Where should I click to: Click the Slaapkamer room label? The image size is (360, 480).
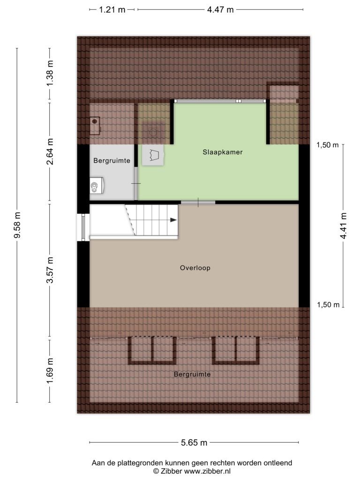pos(223,152)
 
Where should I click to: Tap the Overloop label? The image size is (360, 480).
pos(195,268)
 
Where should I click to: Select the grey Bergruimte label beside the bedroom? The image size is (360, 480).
pos(112,160)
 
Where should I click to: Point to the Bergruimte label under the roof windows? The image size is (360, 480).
pos(192,374)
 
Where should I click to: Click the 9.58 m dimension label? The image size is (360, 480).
pos(17,225)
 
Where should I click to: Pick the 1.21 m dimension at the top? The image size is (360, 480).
pos(112,10)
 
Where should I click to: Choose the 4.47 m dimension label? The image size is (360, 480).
pos(220,10)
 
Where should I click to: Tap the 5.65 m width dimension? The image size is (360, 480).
pos(194,442)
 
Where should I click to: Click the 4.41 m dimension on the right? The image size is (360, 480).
pos(343,225)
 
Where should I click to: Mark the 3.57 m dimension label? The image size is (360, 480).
pos(50,270)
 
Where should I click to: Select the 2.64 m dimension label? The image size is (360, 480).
pos(50,151)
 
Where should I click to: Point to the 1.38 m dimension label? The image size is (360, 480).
pos(50,74)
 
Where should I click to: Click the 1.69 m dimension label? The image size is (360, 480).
pos(50,371)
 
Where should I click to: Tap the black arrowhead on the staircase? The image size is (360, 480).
pos(173,220)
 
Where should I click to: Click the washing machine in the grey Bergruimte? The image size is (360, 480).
pos(97,186)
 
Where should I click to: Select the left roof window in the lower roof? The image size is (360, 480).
pos(152,350)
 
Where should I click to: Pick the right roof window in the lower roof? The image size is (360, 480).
pos(236,350)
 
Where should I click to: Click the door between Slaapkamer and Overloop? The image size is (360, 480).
pos(198,202)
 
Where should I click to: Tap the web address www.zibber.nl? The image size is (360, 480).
pos(207,471)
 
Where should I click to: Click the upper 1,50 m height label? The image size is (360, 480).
pos(328,145)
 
